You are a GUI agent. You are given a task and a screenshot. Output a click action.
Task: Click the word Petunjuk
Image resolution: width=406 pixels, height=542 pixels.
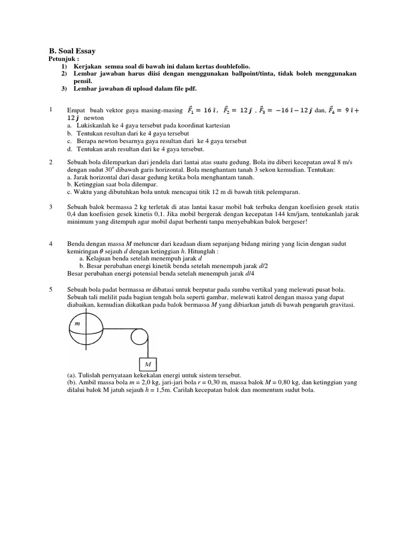[62, 59]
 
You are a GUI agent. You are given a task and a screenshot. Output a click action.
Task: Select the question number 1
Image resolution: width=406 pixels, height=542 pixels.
[51, 109]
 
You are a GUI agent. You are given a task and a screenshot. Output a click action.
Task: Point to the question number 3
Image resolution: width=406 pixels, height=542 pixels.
[51, 206]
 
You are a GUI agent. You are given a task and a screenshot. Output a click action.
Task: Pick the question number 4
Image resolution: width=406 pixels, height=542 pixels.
[51, 243]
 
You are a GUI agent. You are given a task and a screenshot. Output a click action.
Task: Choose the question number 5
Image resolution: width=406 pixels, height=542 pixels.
[51, 290]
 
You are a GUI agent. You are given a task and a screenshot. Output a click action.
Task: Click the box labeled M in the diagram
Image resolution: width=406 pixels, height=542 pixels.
[148, 365]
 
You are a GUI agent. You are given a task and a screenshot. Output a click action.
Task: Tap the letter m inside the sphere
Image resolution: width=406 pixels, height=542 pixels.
[77, 322]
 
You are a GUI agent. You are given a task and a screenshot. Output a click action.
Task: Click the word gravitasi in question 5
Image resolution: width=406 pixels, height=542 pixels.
[343, 305]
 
